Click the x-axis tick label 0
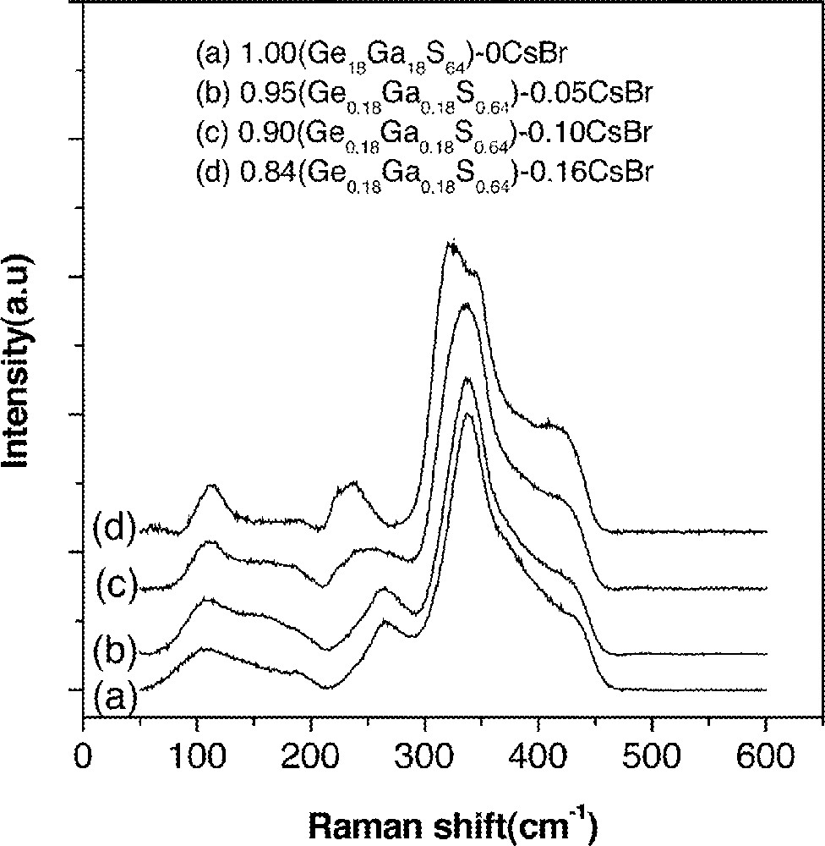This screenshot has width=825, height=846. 83,752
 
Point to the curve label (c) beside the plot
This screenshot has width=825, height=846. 117,583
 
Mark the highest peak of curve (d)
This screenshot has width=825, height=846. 452,244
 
